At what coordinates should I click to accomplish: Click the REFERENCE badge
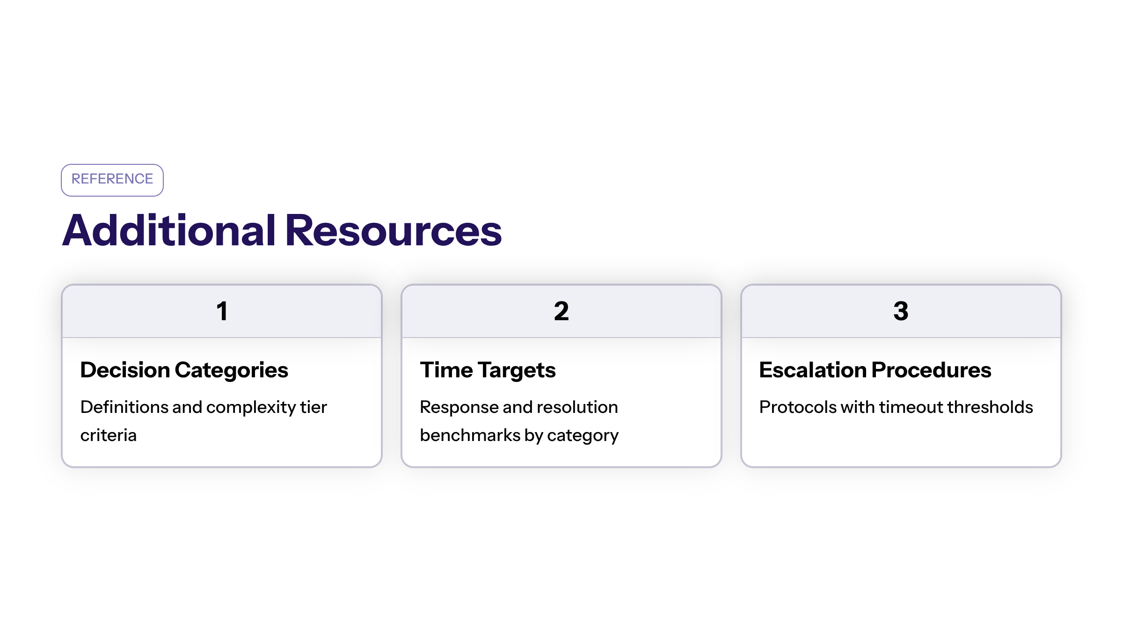tap(112, 180)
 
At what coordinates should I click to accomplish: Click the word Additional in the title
tap(169, 230)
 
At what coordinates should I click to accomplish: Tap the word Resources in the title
tap(394, 230)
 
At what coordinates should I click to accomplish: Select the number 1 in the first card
tap(222, 311)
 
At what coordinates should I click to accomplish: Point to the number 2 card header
tap(561, 311)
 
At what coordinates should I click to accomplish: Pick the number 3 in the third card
tap(901, 311)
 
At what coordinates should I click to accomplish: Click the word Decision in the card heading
tap(125, 370)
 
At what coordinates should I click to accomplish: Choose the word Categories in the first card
tap(232, 370)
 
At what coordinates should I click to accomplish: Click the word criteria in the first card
tap(109, 435)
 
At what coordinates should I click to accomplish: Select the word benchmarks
tap(470, 435)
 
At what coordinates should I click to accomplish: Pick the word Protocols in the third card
tap(797, 407)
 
